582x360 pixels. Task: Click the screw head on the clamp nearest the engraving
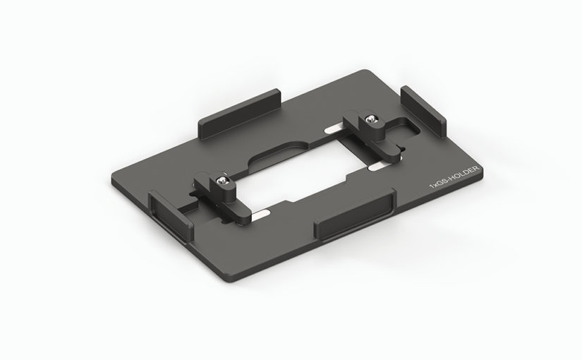pyautogui.click(x=370, y=119)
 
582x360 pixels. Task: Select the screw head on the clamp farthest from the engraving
pyautogui.click(x=222, y=181)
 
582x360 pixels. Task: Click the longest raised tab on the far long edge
pyautogui.click(x=239, y=114)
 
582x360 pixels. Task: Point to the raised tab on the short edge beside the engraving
pyautogui.click(x=423, y=111)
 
